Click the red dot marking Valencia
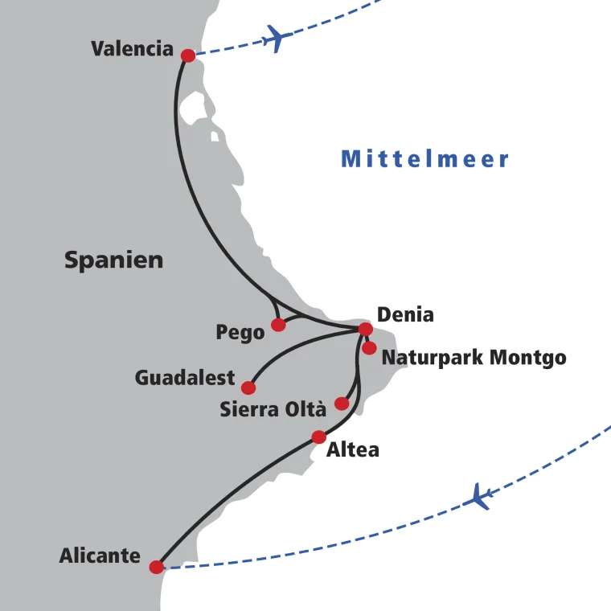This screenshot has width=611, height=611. coord(188,55)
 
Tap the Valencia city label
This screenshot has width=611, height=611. coord(132,49)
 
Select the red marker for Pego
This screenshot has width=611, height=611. coord(278,325)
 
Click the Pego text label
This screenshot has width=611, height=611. coord(240,333)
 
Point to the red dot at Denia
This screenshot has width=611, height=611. coord(365,329)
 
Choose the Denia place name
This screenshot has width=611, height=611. coord(405,314)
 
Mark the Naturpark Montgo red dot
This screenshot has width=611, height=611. coord(369,348)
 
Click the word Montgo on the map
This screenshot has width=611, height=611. coord(529,358)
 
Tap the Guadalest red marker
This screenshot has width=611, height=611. coord(248,388)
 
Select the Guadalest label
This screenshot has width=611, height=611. coord(185,378)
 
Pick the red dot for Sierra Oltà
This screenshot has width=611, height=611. coord(342,404)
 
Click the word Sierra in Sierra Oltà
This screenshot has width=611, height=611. coord(248,410)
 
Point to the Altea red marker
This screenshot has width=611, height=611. coord(319,437)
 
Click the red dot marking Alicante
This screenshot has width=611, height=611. coord(157,567)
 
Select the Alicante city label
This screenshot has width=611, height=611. coord(100,556)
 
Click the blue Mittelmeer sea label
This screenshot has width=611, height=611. coord(425,159)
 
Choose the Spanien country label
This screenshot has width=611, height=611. coord(113,260)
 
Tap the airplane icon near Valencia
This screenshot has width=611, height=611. coord(276,38)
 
